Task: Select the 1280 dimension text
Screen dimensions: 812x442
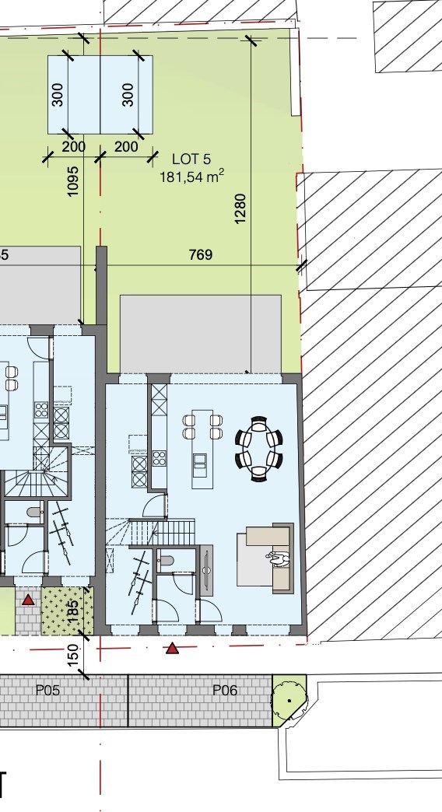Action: point(240,208)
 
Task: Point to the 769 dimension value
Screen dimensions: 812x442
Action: point(200,254)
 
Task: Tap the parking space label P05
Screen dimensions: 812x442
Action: point(47,690)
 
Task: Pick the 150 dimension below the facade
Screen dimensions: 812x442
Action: point(73,655)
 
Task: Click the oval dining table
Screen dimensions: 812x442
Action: point(258,450)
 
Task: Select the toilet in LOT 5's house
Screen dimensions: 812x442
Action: point(166,560)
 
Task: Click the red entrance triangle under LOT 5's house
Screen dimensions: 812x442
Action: point(172,647)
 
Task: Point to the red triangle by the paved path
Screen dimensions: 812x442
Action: point(28,599)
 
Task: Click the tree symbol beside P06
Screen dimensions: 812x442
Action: point(289,698)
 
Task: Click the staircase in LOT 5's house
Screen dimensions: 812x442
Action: point(160,534)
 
